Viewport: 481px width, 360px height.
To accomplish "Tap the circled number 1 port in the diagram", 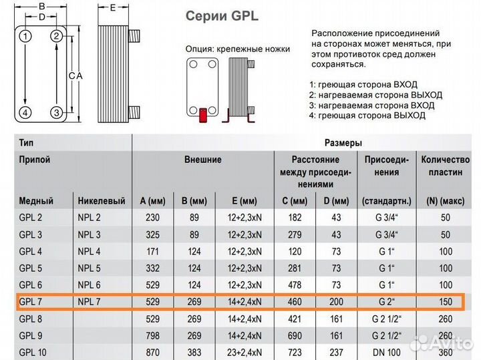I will pyautogui.click(x=25, y=36).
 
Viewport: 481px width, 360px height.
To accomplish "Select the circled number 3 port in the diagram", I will pyautogui.click(x=57, y=112).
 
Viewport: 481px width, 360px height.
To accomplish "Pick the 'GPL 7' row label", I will pyautogui.click(x=31, y=302).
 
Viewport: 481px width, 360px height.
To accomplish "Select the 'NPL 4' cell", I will pyautogui.click(x=90, y=252).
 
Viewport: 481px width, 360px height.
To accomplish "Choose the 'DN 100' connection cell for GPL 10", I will pyautogui.click(x=386, y=352).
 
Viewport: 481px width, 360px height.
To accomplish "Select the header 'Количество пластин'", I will pyautogui.click(x=446, y=166).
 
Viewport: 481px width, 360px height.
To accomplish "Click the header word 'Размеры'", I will pyautogui.click(x=343, y=143).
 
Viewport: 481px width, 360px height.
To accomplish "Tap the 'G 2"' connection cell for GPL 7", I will pyautogui.click(x=386, y=302).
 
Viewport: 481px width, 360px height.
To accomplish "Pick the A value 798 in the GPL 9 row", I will pyautogui.click(x=153, y=335).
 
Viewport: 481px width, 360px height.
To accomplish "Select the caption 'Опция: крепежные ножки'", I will pyautogui.click(x=237, y=49).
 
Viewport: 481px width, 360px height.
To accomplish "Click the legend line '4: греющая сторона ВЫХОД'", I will pyautogui.click(x=367, y=115).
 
